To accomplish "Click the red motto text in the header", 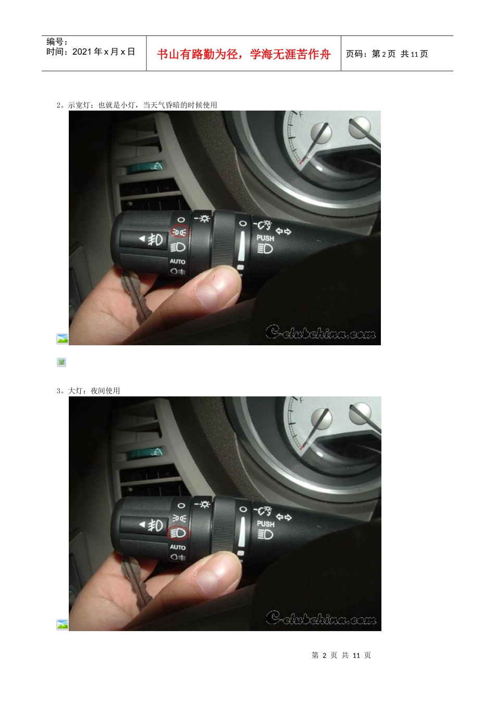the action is [x=243, y=54].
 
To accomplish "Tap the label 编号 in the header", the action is [x=55, y=41].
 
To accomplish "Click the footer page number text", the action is [x=341, y=655].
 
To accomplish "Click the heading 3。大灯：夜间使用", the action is [x=88, y=391].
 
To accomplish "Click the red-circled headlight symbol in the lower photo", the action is [x=178, y=533].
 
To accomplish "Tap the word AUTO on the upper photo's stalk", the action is [x=177, y=261].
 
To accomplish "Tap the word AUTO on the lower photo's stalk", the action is [x=178, y=547].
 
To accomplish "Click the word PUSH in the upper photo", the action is [x=265, y=238].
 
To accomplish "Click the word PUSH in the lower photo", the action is [x=266, y=524].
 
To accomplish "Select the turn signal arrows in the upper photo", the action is [x=283, y=232].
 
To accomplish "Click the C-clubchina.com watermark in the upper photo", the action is [x=320, y=332].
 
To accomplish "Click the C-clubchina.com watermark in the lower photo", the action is [x=321, y=618].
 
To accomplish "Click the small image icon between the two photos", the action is [x=61, y=362].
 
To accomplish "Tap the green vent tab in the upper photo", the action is [x=144, y=167].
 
